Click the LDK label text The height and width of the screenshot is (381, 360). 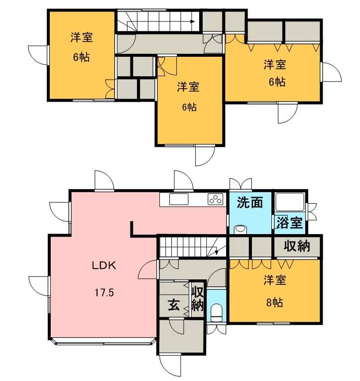tap(104, 265)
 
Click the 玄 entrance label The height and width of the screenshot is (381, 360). tap(173, 305)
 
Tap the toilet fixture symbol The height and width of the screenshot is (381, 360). tap(216, 313)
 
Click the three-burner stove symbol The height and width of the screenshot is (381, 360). tap(215, 199)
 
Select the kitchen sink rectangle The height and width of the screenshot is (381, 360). tap(179, 199)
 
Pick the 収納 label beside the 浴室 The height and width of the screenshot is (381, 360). tap(297, 246)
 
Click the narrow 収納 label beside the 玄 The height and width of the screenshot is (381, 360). tap(197, 298)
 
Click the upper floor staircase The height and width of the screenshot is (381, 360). tap(158, 22)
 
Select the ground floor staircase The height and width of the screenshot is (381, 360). tap(192, 247)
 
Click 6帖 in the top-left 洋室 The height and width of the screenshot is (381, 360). tap(81, 57)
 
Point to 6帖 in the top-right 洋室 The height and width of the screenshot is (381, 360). tap(276, 82)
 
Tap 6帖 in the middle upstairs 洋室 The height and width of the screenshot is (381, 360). tap(188, 107)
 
